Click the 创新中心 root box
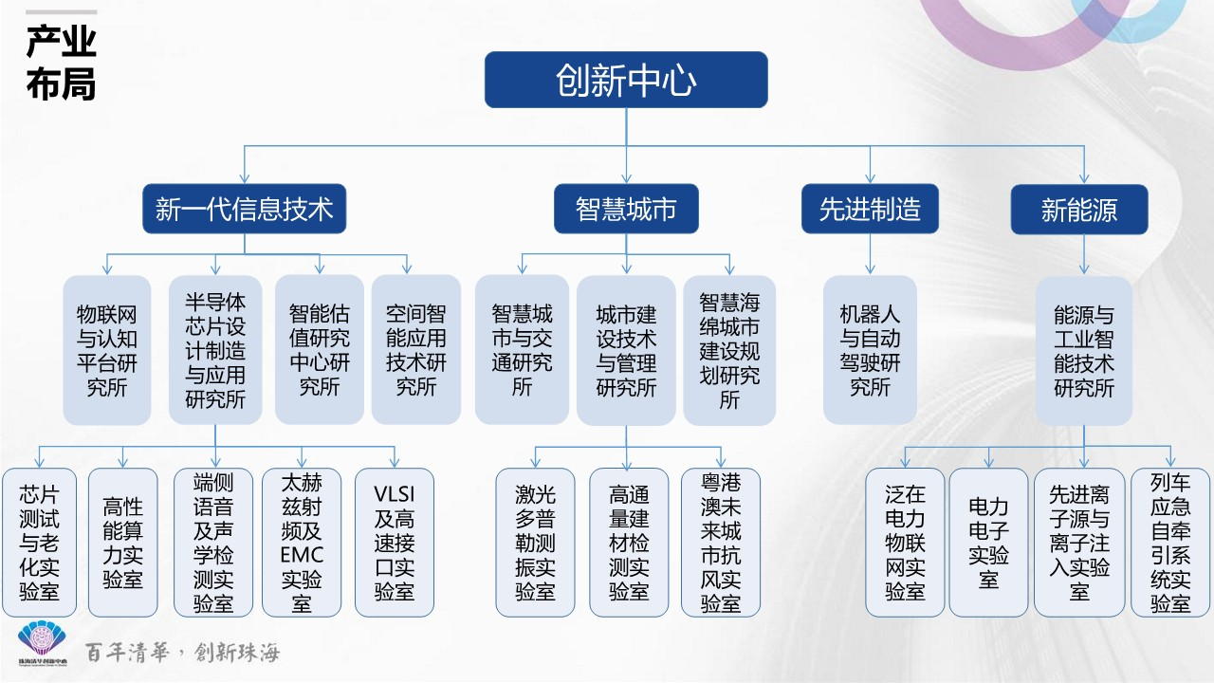[626, 80]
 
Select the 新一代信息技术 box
[244, 209]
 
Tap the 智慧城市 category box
[626, 209]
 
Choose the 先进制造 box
[870, 209]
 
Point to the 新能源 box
[1079, 209]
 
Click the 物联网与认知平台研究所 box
[107, 350]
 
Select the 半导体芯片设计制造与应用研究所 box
[215, 350]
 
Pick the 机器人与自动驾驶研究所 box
[870, 350]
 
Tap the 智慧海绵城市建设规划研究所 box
[729, 350]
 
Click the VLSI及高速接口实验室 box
[395, 543]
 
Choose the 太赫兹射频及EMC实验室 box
[302, 543]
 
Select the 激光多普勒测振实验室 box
[536, 543]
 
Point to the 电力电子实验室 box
[988, 543]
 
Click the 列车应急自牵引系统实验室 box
[1169, 543]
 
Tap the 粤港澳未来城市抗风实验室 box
[721, 543]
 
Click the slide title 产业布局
[61, 63]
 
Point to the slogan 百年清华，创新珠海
[182, 653]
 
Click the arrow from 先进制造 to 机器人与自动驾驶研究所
[870, 254]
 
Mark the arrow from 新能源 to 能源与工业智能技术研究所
[1084, 254]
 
